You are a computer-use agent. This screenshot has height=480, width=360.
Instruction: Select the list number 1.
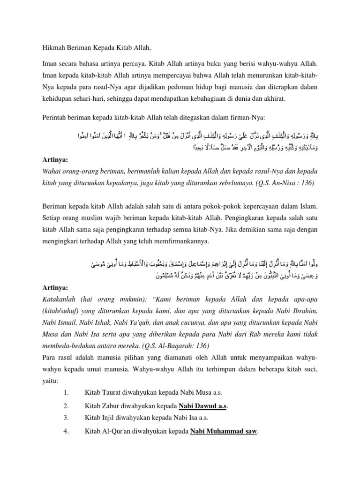[66, 392]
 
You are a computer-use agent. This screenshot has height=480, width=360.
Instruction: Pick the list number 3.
[66, 418]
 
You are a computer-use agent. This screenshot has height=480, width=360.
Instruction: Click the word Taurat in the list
[113, 392]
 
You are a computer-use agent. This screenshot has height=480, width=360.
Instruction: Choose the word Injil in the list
[110, 418]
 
